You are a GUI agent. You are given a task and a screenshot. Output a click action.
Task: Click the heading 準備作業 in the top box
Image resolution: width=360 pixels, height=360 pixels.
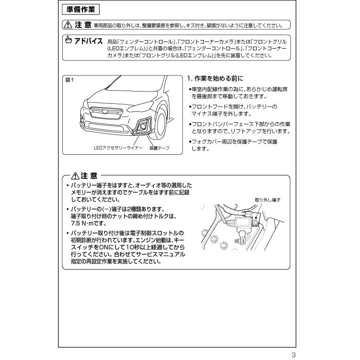click(x=80, y=9)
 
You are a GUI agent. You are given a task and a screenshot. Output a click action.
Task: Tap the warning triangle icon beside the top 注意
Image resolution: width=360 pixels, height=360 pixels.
click(x=67, y=25)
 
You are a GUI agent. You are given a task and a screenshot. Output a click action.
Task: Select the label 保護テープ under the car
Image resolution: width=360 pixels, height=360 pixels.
click(x=159, y=148)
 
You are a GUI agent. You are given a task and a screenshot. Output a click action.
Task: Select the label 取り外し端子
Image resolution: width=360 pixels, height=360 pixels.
click(x=268, y=200)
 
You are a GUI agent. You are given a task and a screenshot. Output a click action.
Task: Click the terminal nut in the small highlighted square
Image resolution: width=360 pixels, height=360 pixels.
click(x=256, y=221)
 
